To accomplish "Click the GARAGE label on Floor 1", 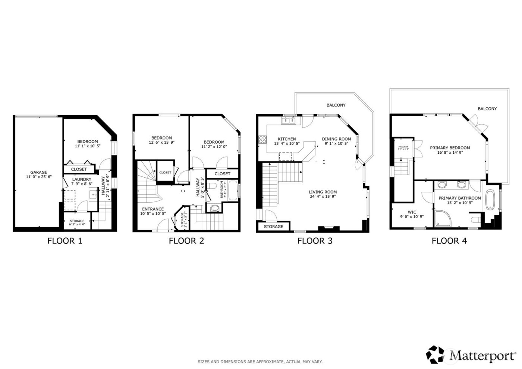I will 39,172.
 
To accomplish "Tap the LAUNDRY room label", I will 81,179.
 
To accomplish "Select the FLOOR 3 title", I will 315,241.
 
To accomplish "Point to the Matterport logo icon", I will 435,354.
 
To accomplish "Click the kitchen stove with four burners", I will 262,140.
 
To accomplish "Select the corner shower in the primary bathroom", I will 442,218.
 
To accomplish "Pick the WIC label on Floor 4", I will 412,212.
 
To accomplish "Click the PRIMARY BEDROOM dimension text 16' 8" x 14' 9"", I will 450,153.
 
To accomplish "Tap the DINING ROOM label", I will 336,139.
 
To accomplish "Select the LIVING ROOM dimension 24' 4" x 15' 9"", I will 323,197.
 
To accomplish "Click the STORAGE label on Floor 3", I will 273,226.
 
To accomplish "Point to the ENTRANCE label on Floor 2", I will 153,209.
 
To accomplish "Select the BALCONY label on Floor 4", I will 487,109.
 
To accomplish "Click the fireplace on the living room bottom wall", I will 328,228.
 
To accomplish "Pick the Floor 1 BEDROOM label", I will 87,141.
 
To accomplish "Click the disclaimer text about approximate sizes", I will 260,362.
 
